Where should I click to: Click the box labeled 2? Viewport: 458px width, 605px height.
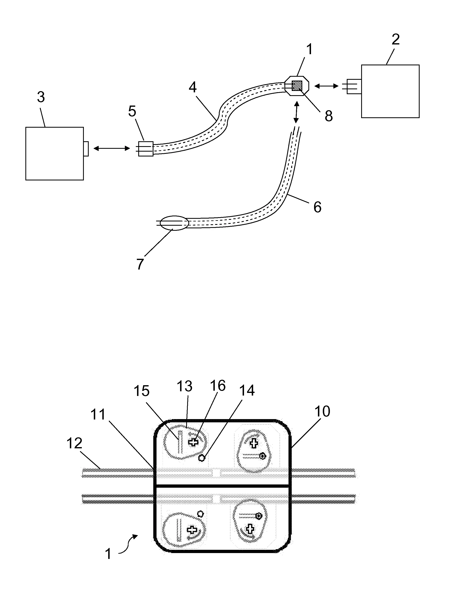(390, 91)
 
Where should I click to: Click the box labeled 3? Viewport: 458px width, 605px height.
(54, 153)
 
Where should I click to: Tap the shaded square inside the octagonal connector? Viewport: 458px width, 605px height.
(297, 86)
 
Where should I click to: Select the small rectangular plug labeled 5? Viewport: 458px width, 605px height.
(146, 149)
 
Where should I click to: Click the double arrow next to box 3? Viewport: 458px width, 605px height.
(112, 148)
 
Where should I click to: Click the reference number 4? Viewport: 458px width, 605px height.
(193, 87)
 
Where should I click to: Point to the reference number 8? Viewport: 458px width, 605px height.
(329, 116)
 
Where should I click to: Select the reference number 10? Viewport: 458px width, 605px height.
(322, 411)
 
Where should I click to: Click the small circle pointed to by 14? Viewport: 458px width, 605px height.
(202, 458)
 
